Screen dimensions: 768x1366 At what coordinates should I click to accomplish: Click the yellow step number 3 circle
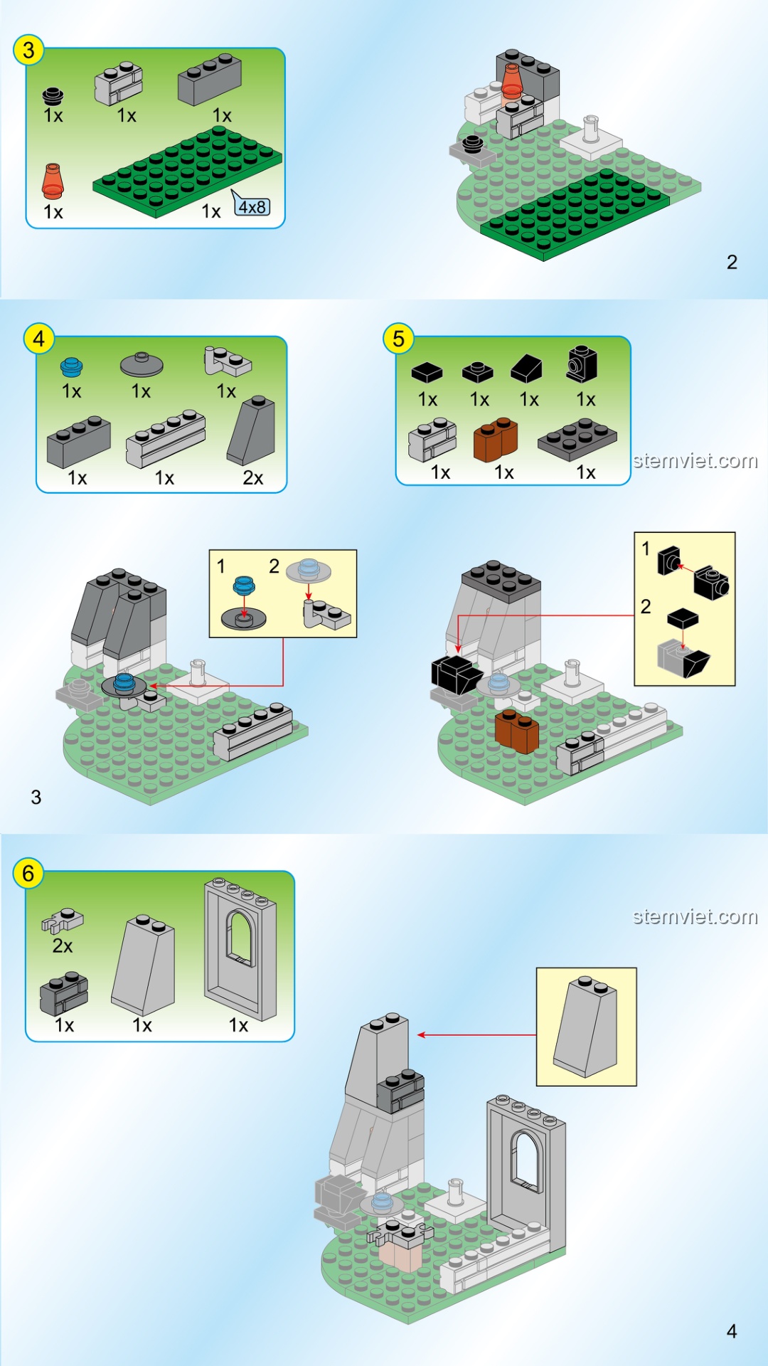(x=28, y=51)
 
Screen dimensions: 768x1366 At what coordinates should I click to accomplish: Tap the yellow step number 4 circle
(x=39, y=339)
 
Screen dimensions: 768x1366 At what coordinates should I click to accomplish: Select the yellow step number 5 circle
(x=398, y=339)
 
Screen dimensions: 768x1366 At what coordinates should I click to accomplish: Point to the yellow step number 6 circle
(x=28, y=873)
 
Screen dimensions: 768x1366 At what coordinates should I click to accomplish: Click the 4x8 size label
(x=252, y=207)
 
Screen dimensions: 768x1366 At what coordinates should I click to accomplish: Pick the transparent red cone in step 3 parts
(x=52, y=181)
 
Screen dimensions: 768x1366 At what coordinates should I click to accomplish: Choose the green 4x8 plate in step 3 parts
(x=187, y=172)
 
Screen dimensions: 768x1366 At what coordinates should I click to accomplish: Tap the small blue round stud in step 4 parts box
(x=71, y=366)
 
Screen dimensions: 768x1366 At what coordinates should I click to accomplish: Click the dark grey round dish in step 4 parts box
(x=142, y=364)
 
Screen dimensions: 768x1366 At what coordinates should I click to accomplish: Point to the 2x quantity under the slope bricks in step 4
(x=253, y=478)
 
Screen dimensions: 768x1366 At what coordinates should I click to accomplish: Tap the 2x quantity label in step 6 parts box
(x=63, y=946)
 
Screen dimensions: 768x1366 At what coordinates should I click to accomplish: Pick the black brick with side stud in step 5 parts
(x=582, y=364)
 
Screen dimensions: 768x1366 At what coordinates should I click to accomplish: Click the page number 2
(x=732, y=263)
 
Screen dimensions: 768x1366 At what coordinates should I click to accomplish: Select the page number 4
(x=732, y=1331)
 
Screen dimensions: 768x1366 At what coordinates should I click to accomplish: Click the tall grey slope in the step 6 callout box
(x=585, y=1027)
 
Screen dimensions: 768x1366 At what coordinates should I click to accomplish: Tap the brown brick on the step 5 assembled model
(x=517, y=731)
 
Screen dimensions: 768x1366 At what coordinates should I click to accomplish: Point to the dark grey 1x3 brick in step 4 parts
(x=79, y=442)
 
